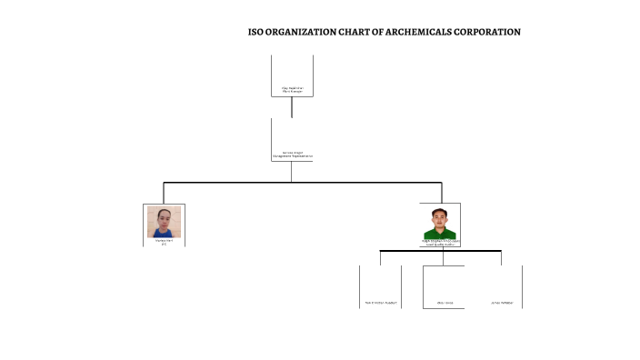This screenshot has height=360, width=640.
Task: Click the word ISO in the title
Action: (256, 32)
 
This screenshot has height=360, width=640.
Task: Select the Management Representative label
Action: (292, 156)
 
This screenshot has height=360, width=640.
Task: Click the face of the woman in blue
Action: (165, 218)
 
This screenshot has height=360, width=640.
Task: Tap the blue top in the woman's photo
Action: (165, 233)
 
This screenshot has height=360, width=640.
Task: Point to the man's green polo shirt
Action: (441, 234)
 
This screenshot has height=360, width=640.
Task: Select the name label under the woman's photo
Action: (164, 241)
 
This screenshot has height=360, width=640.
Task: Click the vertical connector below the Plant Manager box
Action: (292, 107)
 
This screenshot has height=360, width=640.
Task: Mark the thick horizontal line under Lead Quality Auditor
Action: (440, 250)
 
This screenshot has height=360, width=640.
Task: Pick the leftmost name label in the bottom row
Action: (380, 302)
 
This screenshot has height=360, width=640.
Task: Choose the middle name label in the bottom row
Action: (445, 302)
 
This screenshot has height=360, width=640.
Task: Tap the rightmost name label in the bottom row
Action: (502, 302)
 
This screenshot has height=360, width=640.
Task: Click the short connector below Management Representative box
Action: (292, 171)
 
